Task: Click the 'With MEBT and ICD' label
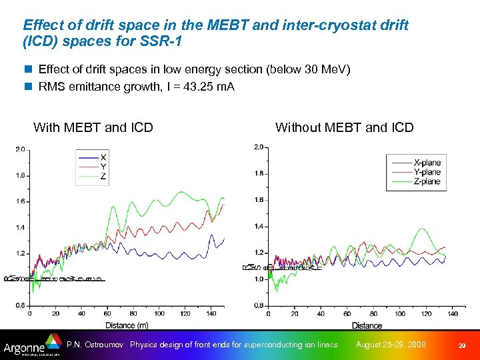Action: point(93,127)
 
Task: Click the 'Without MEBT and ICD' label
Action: point(344,127)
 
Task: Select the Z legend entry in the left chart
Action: point(103,177)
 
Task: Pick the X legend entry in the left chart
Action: point(103,157)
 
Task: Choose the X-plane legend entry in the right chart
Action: point(426,163)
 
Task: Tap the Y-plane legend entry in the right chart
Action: point(426,172)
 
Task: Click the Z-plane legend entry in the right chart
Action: point(426,181)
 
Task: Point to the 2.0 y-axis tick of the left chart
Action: point(20,150)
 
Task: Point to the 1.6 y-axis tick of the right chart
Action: point(259,200)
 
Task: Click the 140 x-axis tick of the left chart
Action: point(211,313)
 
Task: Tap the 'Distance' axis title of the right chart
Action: point(367,325)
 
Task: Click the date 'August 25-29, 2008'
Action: point(391,345)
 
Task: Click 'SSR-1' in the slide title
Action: point(163,41)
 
